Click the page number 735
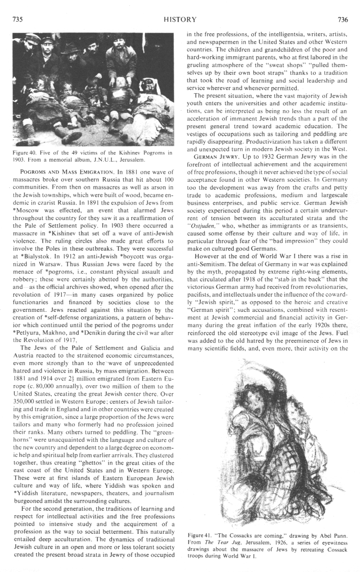click(17, 19)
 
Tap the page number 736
click(343, 19)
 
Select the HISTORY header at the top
click(180, 19)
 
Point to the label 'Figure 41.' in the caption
click(199, 535)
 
